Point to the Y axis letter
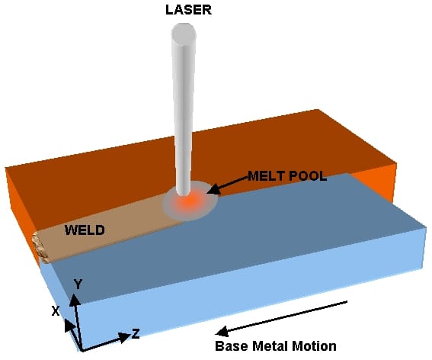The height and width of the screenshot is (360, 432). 77,284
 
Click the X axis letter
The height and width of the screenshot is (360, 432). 55,311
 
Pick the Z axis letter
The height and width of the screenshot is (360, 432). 135,333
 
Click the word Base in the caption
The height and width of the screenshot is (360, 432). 231,346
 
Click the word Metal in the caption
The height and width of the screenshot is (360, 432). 269,346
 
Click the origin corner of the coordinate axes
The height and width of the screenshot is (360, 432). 82,349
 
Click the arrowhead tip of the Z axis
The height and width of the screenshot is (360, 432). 126,336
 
